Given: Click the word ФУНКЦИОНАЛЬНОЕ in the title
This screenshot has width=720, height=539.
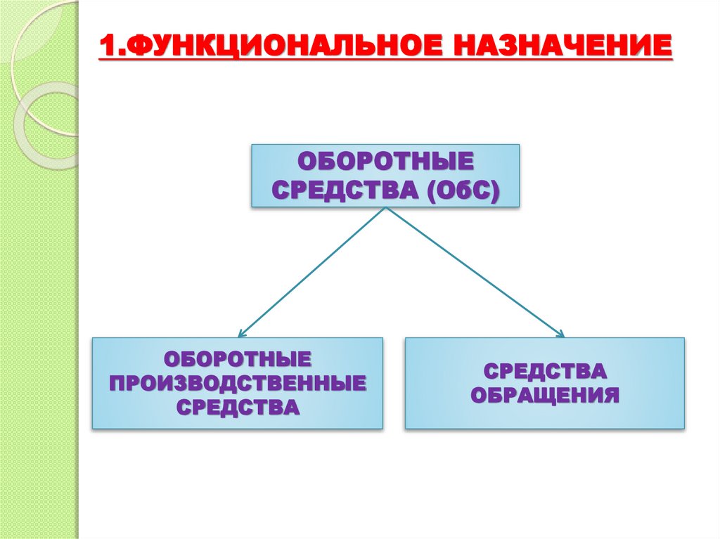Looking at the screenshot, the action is [275, 48].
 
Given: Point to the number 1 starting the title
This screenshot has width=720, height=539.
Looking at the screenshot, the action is [106, 48].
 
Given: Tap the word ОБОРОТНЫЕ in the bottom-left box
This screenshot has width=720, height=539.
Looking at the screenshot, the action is [238, 359].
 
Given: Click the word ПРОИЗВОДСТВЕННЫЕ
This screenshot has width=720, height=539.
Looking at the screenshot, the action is [238, 383].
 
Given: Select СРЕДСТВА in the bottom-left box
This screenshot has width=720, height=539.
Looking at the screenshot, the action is [238, 407].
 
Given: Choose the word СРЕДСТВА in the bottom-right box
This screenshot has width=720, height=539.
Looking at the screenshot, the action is [544, 371].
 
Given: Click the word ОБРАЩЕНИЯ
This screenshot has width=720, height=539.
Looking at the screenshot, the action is [544, 395].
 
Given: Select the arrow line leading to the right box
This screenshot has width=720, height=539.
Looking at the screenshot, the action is [475, 271].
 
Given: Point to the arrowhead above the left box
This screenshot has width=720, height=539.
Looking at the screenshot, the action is [241, 332].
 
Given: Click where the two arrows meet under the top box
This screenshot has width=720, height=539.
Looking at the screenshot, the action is [385, 209].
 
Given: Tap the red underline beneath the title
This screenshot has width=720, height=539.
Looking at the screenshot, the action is [385, 64].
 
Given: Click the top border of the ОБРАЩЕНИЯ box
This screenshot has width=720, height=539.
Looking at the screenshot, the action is [544, 338].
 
